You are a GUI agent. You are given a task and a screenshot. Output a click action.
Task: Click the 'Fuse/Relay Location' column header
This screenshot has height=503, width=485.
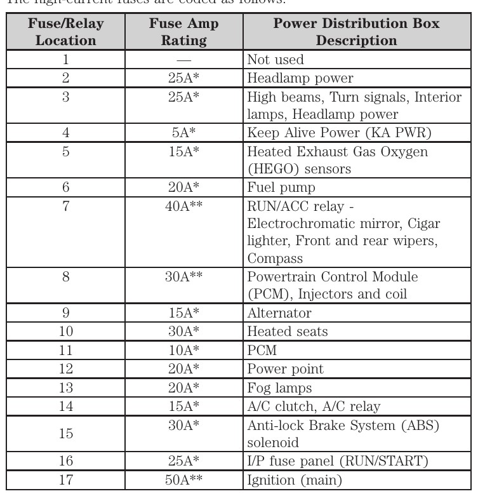pos(65,32)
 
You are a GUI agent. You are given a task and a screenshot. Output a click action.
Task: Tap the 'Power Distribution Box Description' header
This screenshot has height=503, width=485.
pos(356,32)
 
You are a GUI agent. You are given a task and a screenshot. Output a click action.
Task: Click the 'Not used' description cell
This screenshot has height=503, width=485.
pos(275,60)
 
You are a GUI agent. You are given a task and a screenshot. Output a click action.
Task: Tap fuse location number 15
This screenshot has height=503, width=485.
pos(65,434)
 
